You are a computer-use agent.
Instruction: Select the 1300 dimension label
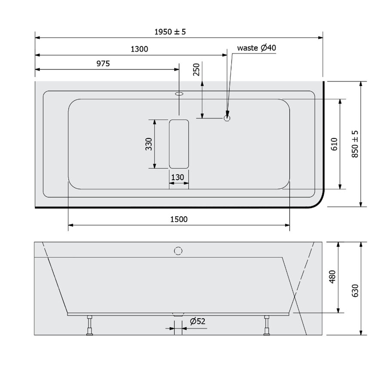(139, 49)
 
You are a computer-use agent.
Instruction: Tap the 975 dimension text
(103, 64)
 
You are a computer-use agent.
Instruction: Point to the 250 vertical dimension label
(197, 70)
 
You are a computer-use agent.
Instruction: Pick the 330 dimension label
(148, 144)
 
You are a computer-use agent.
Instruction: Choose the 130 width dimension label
(178, 177)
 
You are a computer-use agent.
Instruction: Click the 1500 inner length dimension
(179, 219)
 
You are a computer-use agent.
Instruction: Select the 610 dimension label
(335, 144)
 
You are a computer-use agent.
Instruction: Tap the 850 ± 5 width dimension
(355, 144)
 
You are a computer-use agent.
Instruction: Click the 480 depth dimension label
(332, 277)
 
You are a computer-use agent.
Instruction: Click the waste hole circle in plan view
(227, 117)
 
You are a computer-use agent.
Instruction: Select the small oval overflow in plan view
(179, 92)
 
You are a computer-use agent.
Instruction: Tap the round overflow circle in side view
(178, 250)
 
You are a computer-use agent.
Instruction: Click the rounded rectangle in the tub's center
(179, 144)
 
